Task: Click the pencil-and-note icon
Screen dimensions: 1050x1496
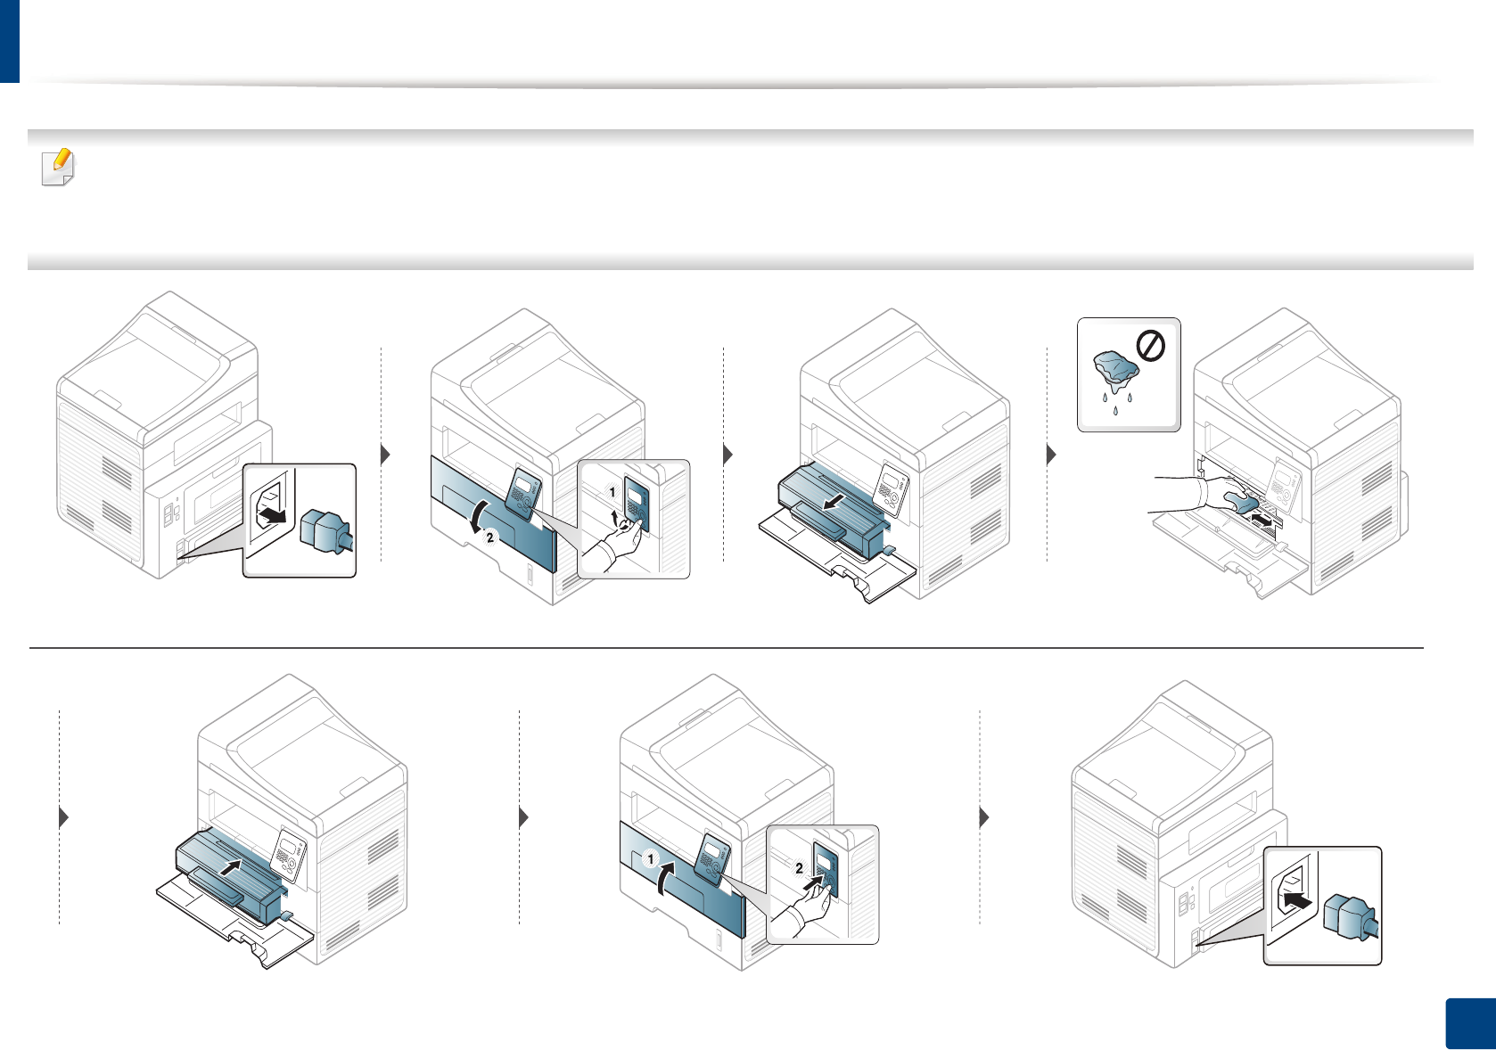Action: pyautogui.click(x=59, y=168)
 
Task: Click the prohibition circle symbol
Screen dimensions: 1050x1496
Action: pyautogui.click(x=1151, y=345)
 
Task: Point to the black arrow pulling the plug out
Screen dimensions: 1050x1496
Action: pyautogui.click(x=275, y=516)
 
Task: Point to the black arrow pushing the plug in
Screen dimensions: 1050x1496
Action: pyautogui.click(x=1301, y=901)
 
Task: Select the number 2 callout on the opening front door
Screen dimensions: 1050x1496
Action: pyautogui.click(x=489, y=537)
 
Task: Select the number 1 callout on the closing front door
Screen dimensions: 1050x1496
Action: pyautogui.click(x=651, y=859)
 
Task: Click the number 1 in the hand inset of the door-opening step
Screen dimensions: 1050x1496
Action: pyautogui.click(x=612, y=492)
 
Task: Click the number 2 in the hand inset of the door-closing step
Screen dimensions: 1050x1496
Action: pyautogui.click(x=799, y=867)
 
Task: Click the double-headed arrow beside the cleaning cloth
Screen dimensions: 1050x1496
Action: pyautogui.click(x=1264, y=516)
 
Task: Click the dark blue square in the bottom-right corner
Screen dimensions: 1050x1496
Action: pyautogui.click(x=1468, y=1022)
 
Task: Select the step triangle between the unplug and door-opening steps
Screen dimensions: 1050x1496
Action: pyautogui.click(x=385, y=455)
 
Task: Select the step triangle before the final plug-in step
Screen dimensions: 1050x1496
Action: pyautogui.click(x=984, y=816)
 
